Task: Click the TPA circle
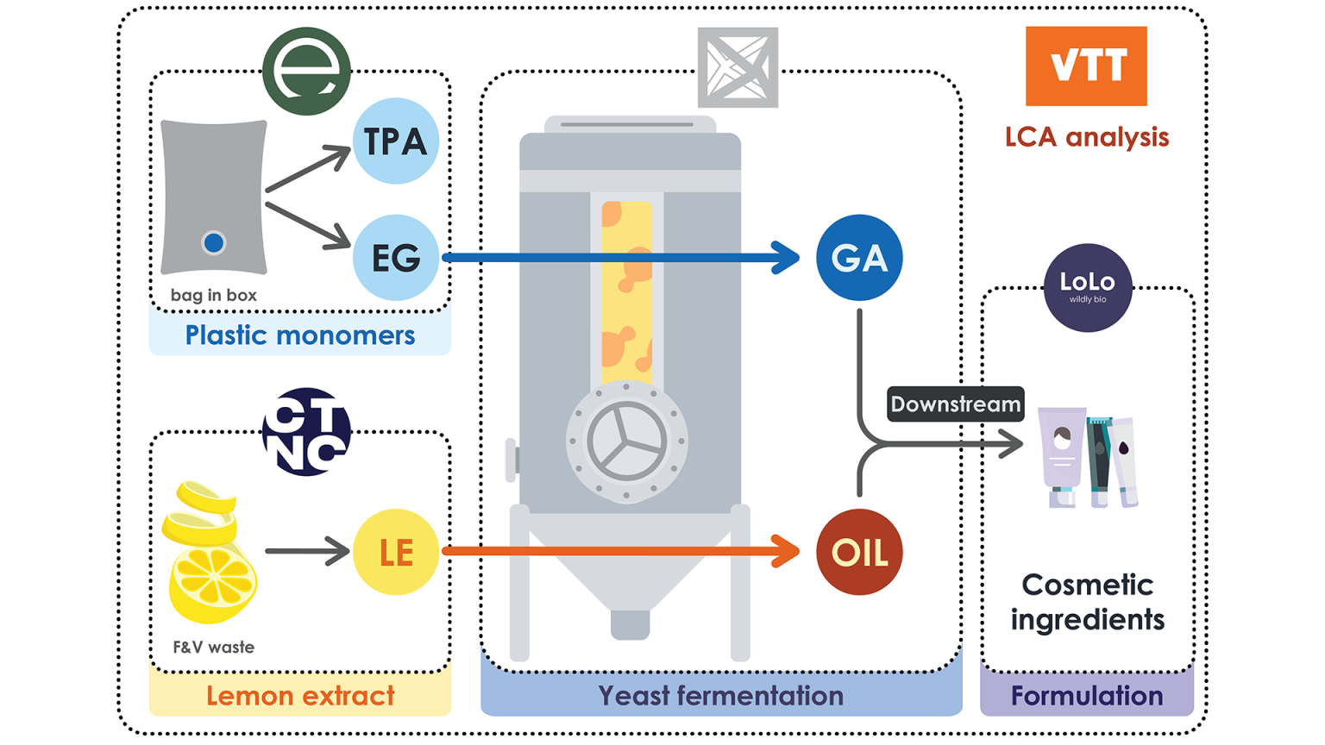(395, 141)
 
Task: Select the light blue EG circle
(395, 257)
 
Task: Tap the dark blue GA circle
(858, 257)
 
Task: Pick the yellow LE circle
(395, 552)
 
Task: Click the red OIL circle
(858, 552)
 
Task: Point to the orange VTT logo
(1085, 66)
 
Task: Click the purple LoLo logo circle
(1087, 287)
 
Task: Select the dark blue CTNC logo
(306, 431)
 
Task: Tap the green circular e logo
(306, 71)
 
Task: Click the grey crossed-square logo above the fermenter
(738, 67)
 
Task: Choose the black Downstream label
(955, 404)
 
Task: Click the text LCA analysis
(1086, 137)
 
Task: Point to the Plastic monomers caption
(299, 335)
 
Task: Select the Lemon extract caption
(299, 696)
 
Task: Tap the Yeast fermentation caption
(720, 696)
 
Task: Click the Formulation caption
(1086, 696)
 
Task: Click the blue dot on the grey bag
(213, 243)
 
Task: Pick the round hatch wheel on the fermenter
(626, 441)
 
